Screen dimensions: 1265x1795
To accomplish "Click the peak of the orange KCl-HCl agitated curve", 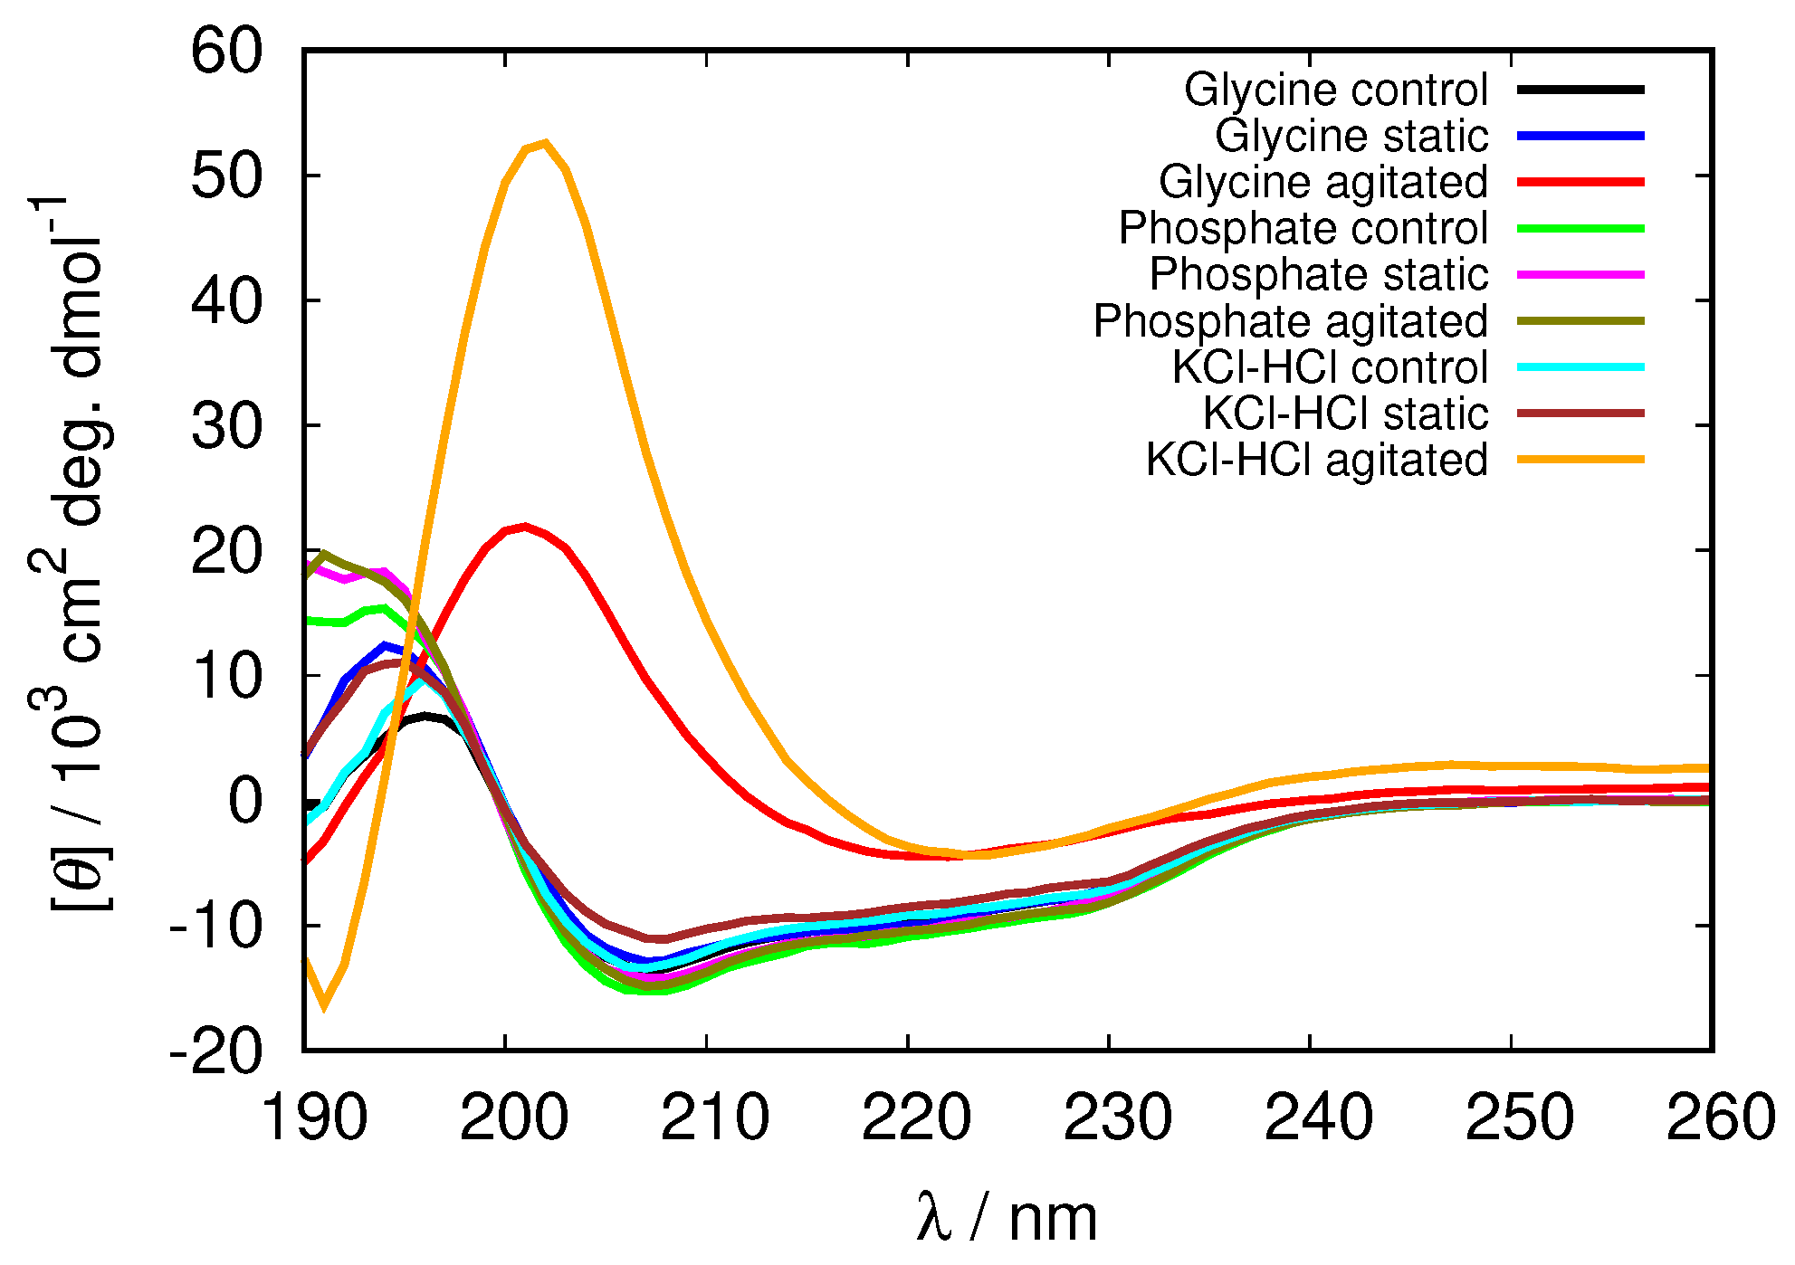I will pos(545,142).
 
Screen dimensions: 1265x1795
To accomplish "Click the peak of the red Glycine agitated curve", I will pos(525,526).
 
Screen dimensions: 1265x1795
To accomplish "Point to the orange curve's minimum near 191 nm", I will pos(323,1005).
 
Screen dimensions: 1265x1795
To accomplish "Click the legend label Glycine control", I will pos(1335,90).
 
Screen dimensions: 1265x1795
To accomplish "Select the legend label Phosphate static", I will pos(1318,274).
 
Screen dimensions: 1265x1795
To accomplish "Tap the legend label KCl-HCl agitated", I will pos(1316,460).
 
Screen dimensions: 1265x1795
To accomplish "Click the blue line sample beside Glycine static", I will pos(1580,136).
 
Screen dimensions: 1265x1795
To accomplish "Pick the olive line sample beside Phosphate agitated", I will pos(1580,320).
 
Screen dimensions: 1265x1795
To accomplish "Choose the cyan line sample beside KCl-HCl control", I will pos(1580,367).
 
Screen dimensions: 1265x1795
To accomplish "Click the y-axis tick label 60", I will pos(226,51).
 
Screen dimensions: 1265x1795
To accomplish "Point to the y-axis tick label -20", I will pos(215,1051).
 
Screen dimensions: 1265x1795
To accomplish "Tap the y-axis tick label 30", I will pos(226,426).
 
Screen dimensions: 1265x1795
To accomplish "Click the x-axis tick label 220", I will pos(915,1118).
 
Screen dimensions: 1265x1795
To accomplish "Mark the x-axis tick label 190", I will pos(314,1118).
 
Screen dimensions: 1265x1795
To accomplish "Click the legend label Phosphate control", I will pos(1303,228).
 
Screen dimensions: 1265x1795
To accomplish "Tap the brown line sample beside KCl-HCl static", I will pos(1580,414).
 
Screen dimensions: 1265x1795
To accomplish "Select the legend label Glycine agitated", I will pos(1322,182).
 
